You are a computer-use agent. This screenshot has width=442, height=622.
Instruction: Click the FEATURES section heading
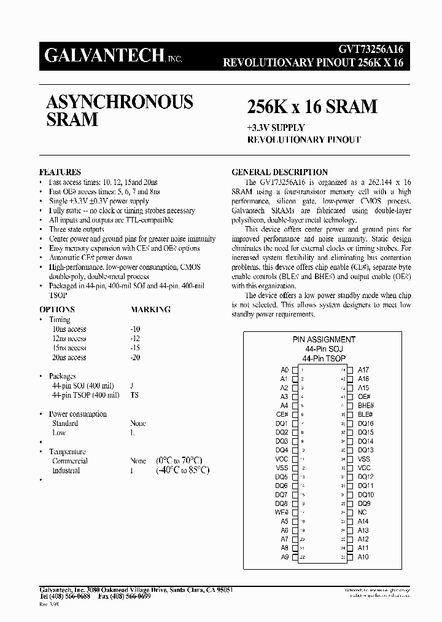coord(60,172)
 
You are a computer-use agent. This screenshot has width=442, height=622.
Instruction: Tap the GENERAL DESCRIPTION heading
coord(279,172)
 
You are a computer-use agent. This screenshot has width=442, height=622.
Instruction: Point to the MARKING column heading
coord(150,310)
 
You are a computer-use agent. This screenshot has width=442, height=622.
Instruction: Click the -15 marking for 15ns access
coord(136,348)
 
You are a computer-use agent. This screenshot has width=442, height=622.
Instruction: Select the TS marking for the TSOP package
coord(134,395)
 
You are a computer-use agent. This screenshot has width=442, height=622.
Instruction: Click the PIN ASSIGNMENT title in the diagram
coord(324,339)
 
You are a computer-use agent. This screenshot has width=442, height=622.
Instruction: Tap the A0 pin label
coord(284,370)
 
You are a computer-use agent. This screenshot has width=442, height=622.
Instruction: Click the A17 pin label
coord(363,370)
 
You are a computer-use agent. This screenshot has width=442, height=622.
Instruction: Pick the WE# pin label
coord(282,513)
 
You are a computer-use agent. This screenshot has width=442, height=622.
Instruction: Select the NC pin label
coord(362,513)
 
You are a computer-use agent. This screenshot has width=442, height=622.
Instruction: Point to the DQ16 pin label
coord(366,423)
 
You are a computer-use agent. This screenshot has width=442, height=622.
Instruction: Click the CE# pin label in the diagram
coord(282,415)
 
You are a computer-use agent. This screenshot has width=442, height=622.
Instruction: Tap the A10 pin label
coord(363,557)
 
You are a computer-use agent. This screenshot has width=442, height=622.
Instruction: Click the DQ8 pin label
coord(282,503)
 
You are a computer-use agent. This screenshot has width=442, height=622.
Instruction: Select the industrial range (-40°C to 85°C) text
coord(183,470)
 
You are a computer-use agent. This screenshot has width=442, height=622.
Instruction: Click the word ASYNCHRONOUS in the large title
coord(120,101)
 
